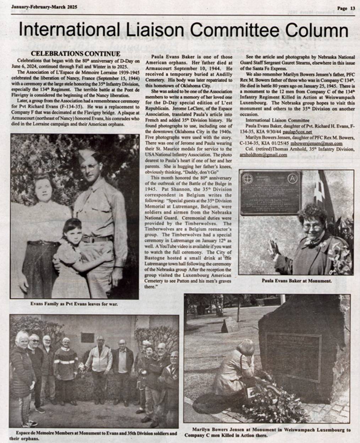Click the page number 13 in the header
tap(352, 8)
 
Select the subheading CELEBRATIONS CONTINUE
tap(76, 54)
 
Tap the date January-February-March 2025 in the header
tap(44, 7)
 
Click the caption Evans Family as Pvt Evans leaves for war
tap(74, 304)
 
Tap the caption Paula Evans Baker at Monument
tap(296, 281)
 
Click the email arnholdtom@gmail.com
tap(263, 155)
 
